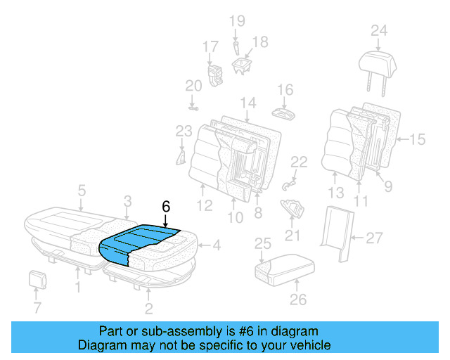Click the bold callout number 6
166,207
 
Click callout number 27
374,238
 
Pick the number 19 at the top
236,20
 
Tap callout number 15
417,140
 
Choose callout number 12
205,206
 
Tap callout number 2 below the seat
148,308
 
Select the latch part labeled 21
293,209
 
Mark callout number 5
82,190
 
